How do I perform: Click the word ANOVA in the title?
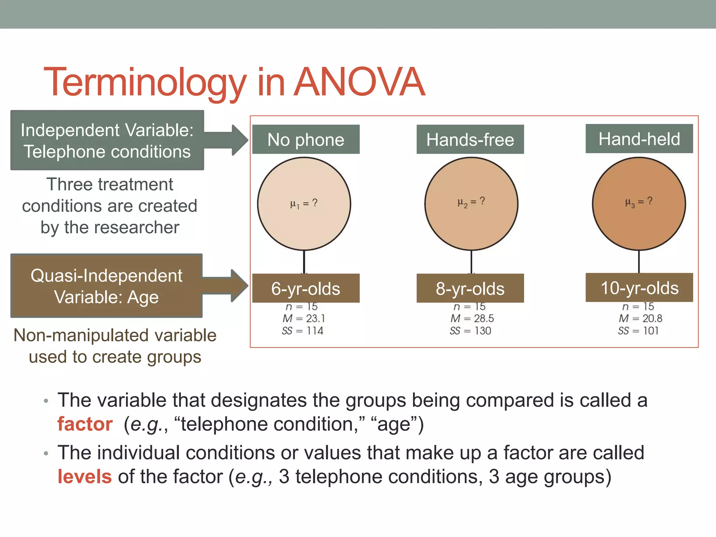pyautogui.click(x=359, y=82)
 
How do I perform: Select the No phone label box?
pyautogui.click(x=306, y=139)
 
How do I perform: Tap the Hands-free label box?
pyautogui.click(x=470, y=139)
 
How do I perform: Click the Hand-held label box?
pyautogui.click(x=639, y=139)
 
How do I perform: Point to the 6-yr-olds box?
pyautogui.click(x=306, y=288)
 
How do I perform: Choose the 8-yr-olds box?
pyautogui.click(x=470, y=288)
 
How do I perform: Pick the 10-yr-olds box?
pyautogui.click(x=639, y=288)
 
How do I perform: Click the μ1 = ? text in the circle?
pyautogui.click(x=304, y=203)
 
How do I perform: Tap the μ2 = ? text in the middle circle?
pyautogui.click(x=471, y=202)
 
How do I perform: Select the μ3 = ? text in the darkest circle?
pyautogui.click(x=638, y=202)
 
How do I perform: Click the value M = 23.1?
pyautogui.click(x=304, y=318)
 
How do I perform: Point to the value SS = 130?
pyautogui.click(x=470, y=331)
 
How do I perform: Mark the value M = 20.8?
pyautogui.click(x=640, y=318)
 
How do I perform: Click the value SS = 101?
pyautogui.click(x=638, y=331)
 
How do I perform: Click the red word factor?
pyautogui.click(x=85, y=424)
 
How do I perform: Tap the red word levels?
pyautogui.click(x=85, y=477)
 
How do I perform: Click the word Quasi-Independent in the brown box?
pyautogui.click(x=106, y=275)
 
